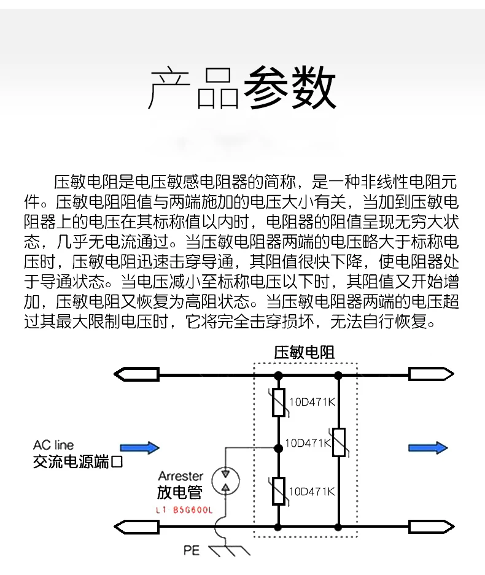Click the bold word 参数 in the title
pyautogui.click(x=290, y=90)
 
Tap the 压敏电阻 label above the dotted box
pyautogui.click(x=305, y=352)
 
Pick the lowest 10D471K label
pyautogui.click(x=311, y=491)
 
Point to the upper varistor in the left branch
pyautogui.click(x=279, y=403)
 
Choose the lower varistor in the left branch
pyautogui.click(x=279, y=491)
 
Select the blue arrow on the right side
pyautogui.click(x=428, y=448)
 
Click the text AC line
pyautogui.click(x=53, y=445)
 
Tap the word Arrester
pyautogui.click(x=180, y=476)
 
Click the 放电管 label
pyautogui.click(x=179, y=492)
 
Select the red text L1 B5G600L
pyautogui.click(x=184, y=510)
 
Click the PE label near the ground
pyautogui.click(x=192, y=550)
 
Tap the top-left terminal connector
pyautogui.click(x=136, y=373)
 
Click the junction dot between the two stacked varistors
pyautogui.click(x=279, y=447)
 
